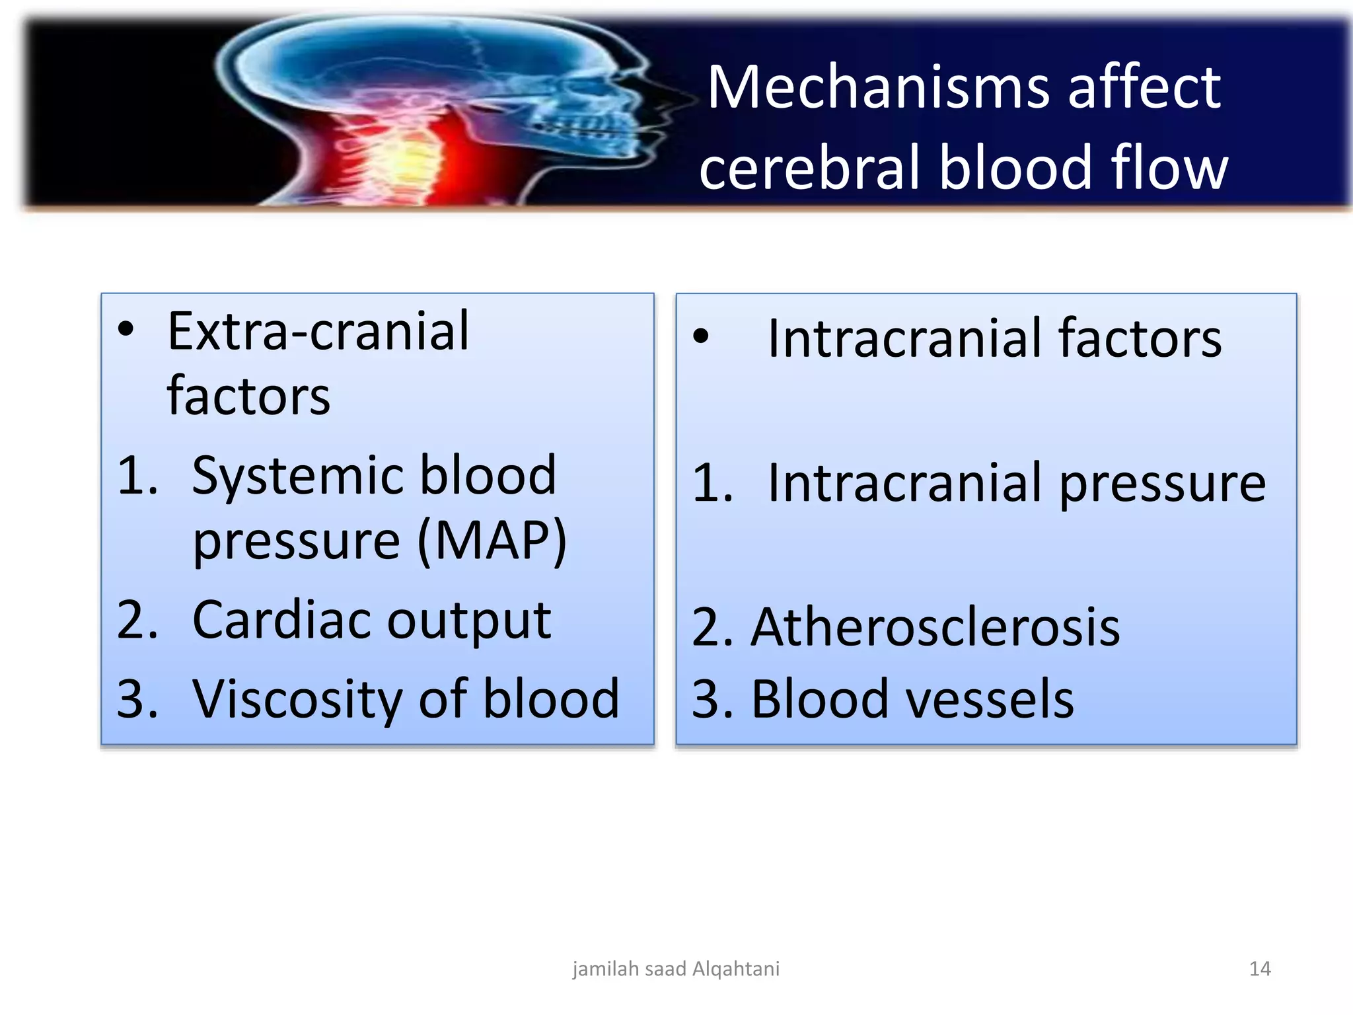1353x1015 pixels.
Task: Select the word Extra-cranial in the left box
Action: [x=318, y=332]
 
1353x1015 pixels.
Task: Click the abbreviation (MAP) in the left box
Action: [x=492, y=541]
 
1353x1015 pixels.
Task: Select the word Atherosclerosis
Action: [x=935, y=627]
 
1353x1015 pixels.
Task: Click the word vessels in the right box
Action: [x=989, y=699]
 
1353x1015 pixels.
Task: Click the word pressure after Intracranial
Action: [x=1163, y=484]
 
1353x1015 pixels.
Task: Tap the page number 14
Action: [x=1260, y=969]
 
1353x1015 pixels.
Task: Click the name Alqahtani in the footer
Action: [x=736, y=969]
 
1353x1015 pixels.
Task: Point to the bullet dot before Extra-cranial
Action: [x=126, y=329]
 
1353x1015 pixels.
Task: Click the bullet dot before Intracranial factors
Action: [x=701, y=336]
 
